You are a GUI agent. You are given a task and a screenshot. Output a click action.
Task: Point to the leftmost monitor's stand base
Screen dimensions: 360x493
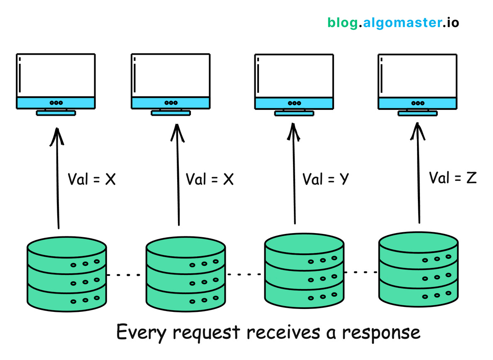pyautogui.click(x=56, y=112)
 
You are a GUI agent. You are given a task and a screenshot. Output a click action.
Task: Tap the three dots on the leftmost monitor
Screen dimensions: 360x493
pyautogui.click(x=56, y=103)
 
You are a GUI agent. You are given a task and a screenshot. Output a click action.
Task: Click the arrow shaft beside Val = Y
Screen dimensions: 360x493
pyautogui.click(x=295, y=182)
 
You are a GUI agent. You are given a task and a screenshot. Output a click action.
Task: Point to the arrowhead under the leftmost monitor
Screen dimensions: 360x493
pyautogui.click(x=57, y=135)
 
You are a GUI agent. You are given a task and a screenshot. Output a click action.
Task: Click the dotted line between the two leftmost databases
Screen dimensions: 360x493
pyautogui.click(x=126, y=275)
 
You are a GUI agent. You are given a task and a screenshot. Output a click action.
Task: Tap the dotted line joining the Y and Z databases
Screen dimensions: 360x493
pyautogui.click(x=361, y=272)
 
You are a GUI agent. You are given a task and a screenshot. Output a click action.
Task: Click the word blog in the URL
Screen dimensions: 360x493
pyautogui.click(x=342, y=22)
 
